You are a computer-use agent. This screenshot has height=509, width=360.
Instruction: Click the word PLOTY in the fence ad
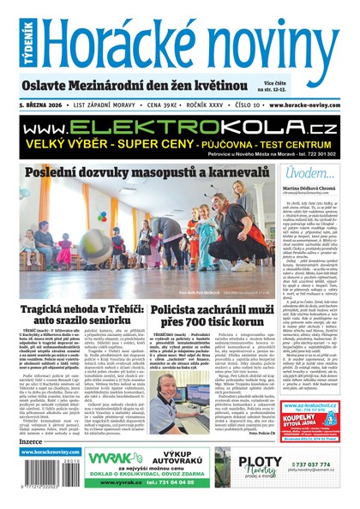click(x=250, y=463)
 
